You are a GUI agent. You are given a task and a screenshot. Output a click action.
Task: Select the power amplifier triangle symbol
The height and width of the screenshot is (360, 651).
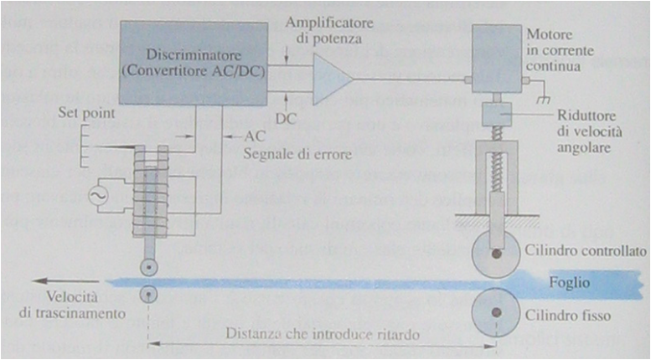point(330,80)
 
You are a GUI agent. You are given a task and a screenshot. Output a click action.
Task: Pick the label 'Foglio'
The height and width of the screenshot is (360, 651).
point(570,283)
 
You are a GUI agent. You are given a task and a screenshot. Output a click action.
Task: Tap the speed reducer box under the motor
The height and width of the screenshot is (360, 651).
point(496,113)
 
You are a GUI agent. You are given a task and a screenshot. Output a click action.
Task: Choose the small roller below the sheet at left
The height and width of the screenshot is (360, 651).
point(148,294)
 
